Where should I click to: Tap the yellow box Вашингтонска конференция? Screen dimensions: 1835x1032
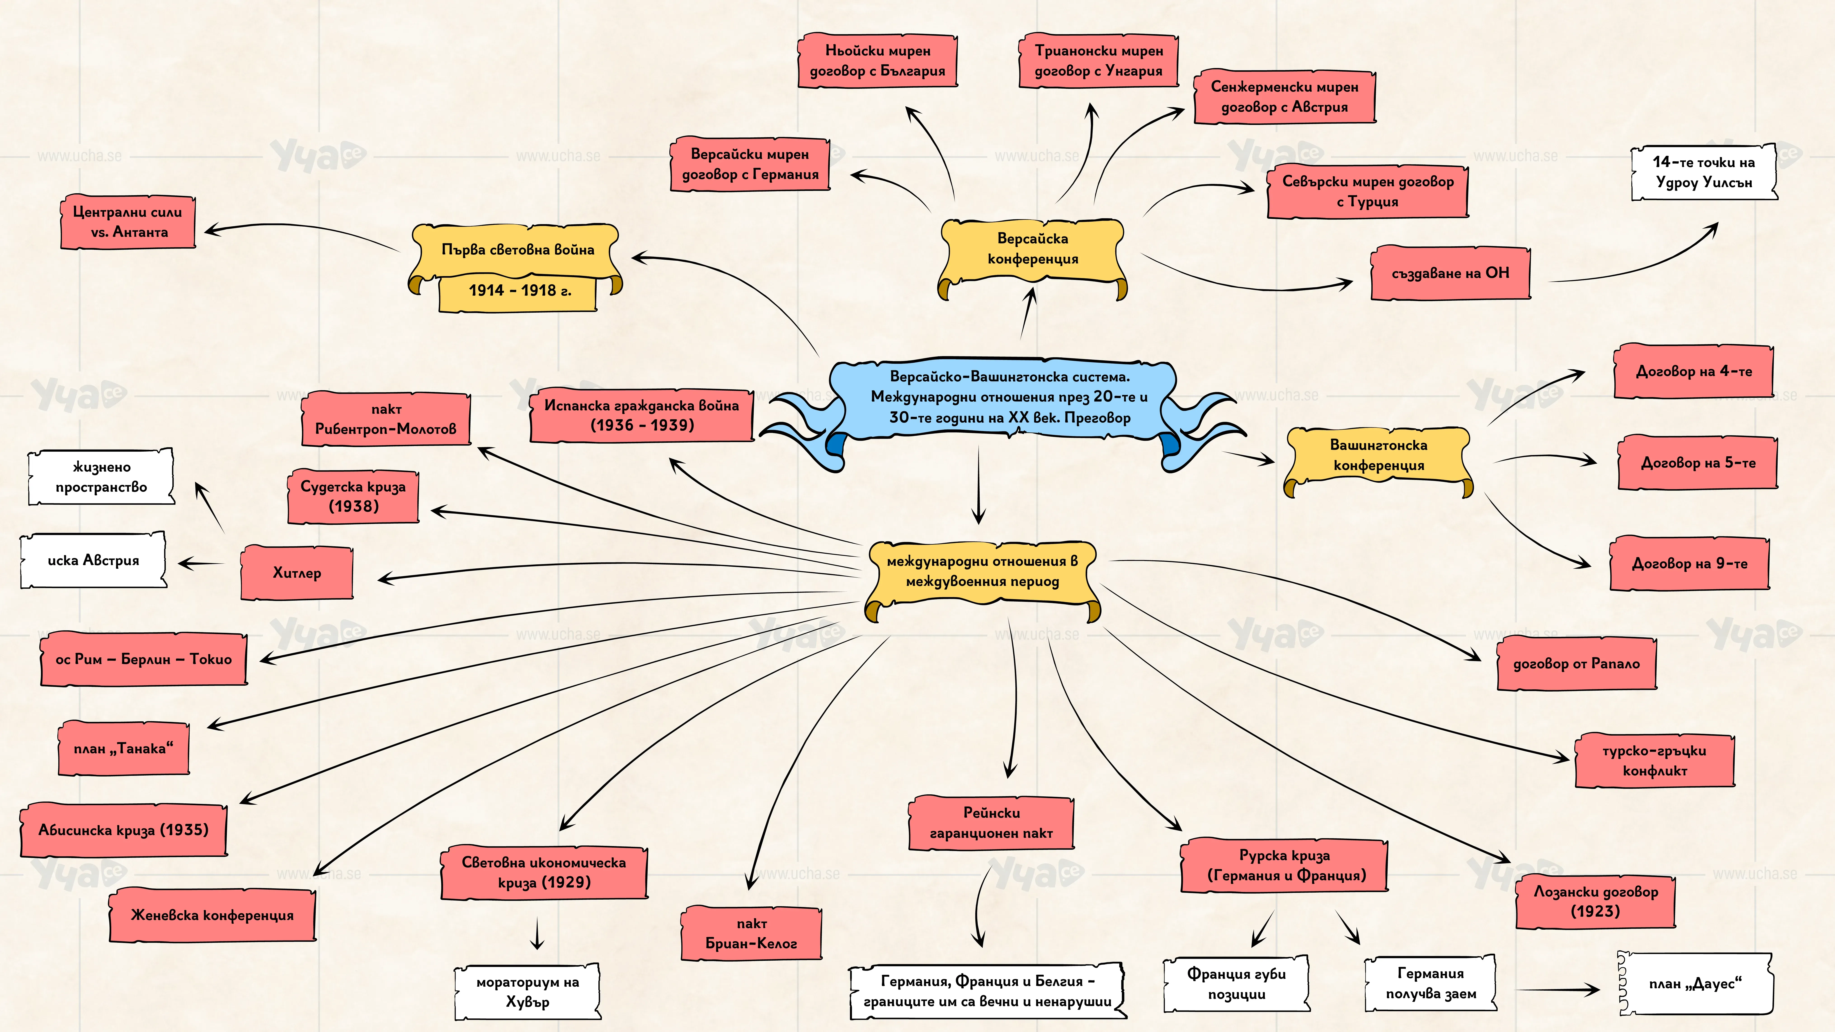click(x=1378, y=456)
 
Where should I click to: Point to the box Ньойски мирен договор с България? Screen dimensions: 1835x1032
click(x=878, y=61)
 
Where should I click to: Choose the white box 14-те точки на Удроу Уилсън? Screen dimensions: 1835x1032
click(x=1704, y=172)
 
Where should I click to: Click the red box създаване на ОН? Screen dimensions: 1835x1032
click(x=1450, y=273)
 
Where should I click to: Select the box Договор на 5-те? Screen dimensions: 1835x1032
click(x=1698, y=463)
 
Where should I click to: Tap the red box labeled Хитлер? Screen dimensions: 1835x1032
click(x=297, y=573)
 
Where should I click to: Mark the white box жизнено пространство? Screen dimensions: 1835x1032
click(x=101, y=477)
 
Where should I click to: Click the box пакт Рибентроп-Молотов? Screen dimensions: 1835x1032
click(x=386, y=419)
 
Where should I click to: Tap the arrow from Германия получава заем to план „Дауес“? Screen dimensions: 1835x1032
click(x=1558, y=989)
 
